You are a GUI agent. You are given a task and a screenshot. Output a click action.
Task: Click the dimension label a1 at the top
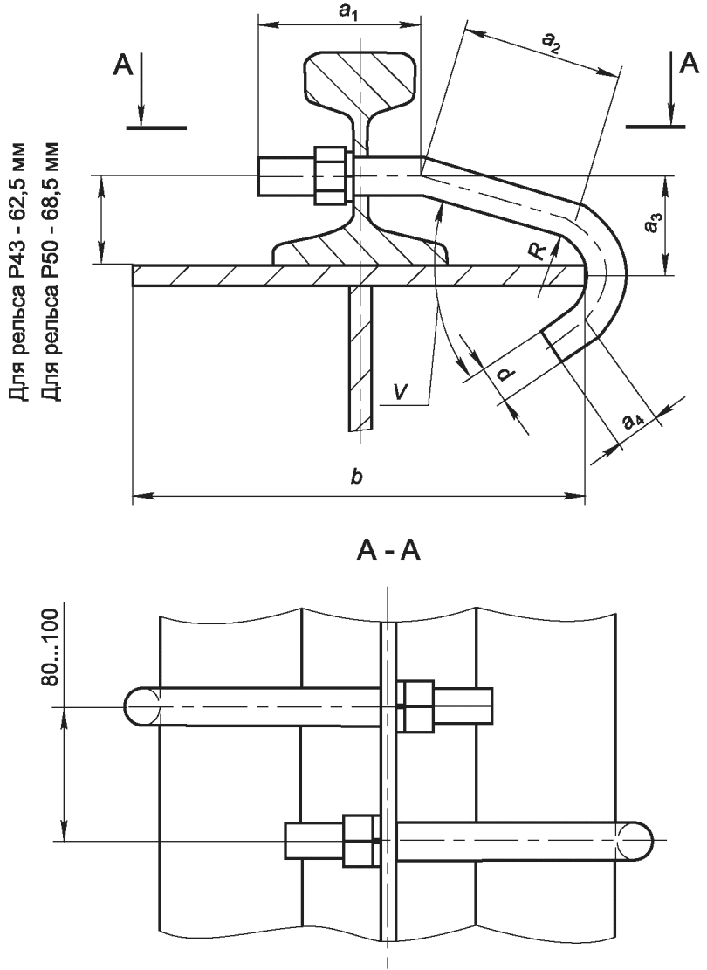tap(349, 15)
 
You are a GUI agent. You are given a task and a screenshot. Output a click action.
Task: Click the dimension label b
tap(355, 477)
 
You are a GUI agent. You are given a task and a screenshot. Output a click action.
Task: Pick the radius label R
tap(539, 250)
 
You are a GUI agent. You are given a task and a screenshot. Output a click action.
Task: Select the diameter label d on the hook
tap(506, 373)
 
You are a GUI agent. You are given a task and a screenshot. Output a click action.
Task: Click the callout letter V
tap(401, 391)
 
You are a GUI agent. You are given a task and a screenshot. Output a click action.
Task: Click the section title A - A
tap(388, 550)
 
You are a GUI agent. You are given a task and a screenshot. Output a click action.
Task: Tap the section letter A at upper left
tap(122, 65)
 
